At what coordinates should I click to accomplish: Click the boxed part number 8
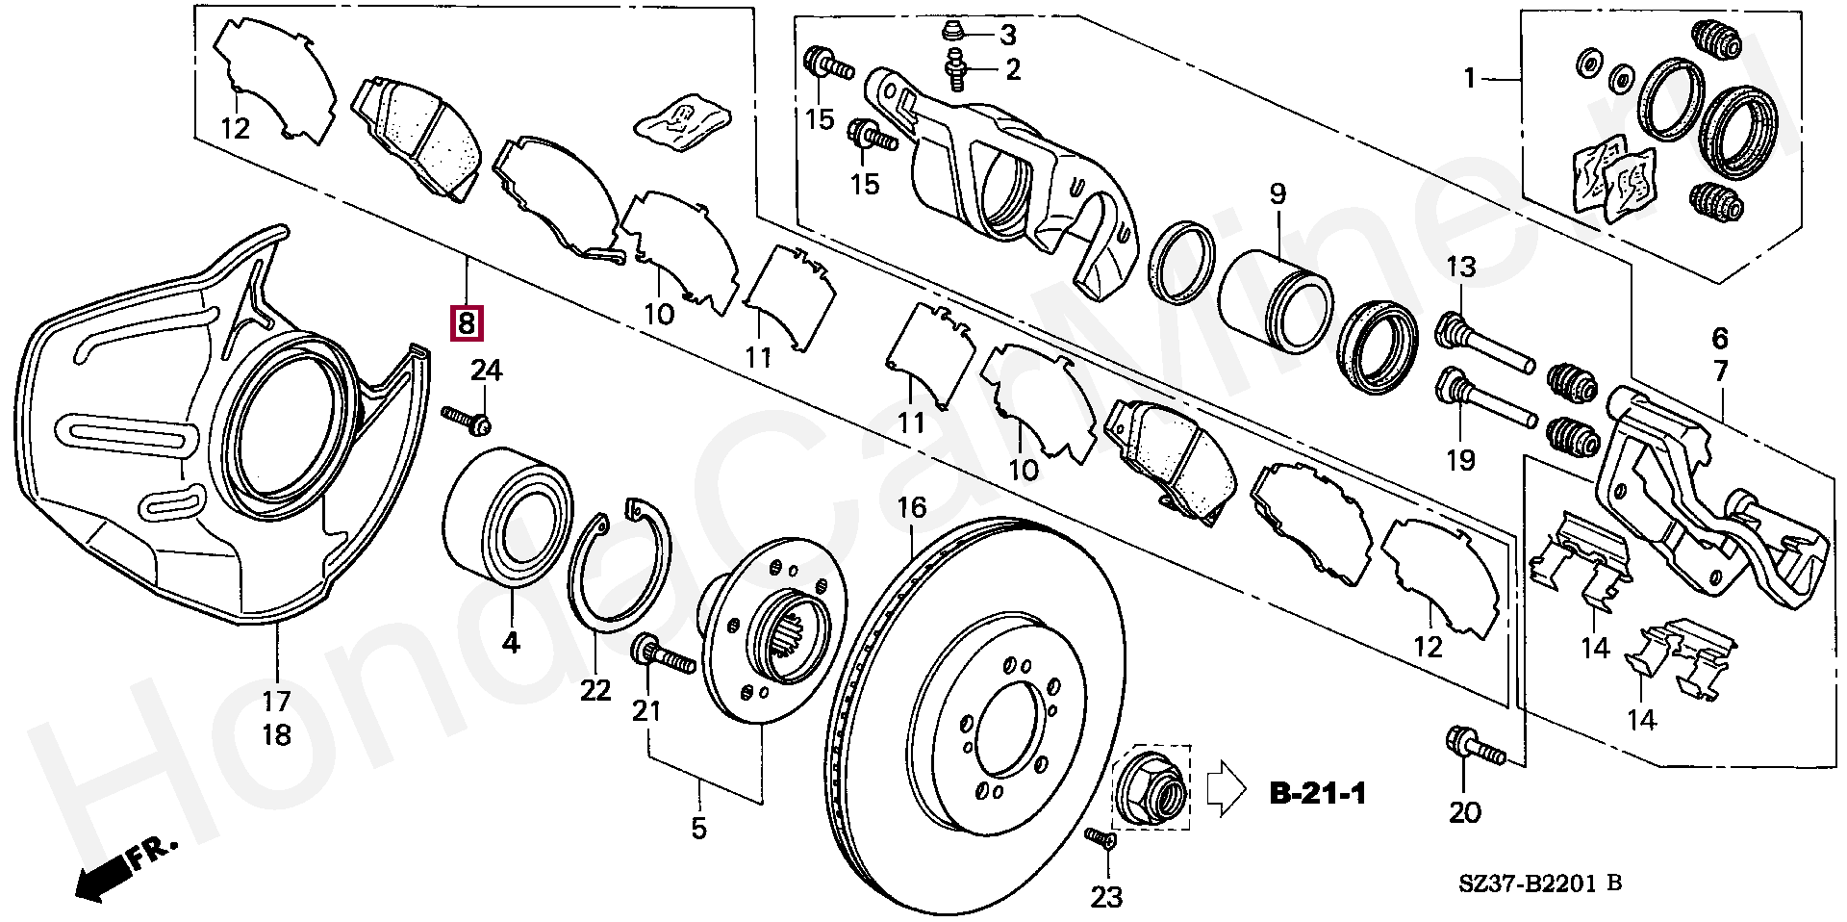pos(467,322)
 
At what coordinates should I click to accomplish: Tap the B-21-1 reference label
pos(1318,793)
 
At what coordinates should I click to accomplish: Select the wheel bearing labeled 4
pos(507,516)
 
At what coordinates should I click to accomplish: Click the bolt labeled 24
pos(467,420)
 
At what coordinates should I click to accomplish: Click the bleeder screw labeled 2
pos(955,69)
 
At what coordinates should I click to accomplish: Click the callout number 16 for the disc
pos(911,507)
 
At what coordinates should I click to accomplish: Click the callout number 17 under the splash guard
pos(276,701)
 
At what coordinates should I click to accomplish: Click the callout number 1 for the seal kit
pos(1469,77)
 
